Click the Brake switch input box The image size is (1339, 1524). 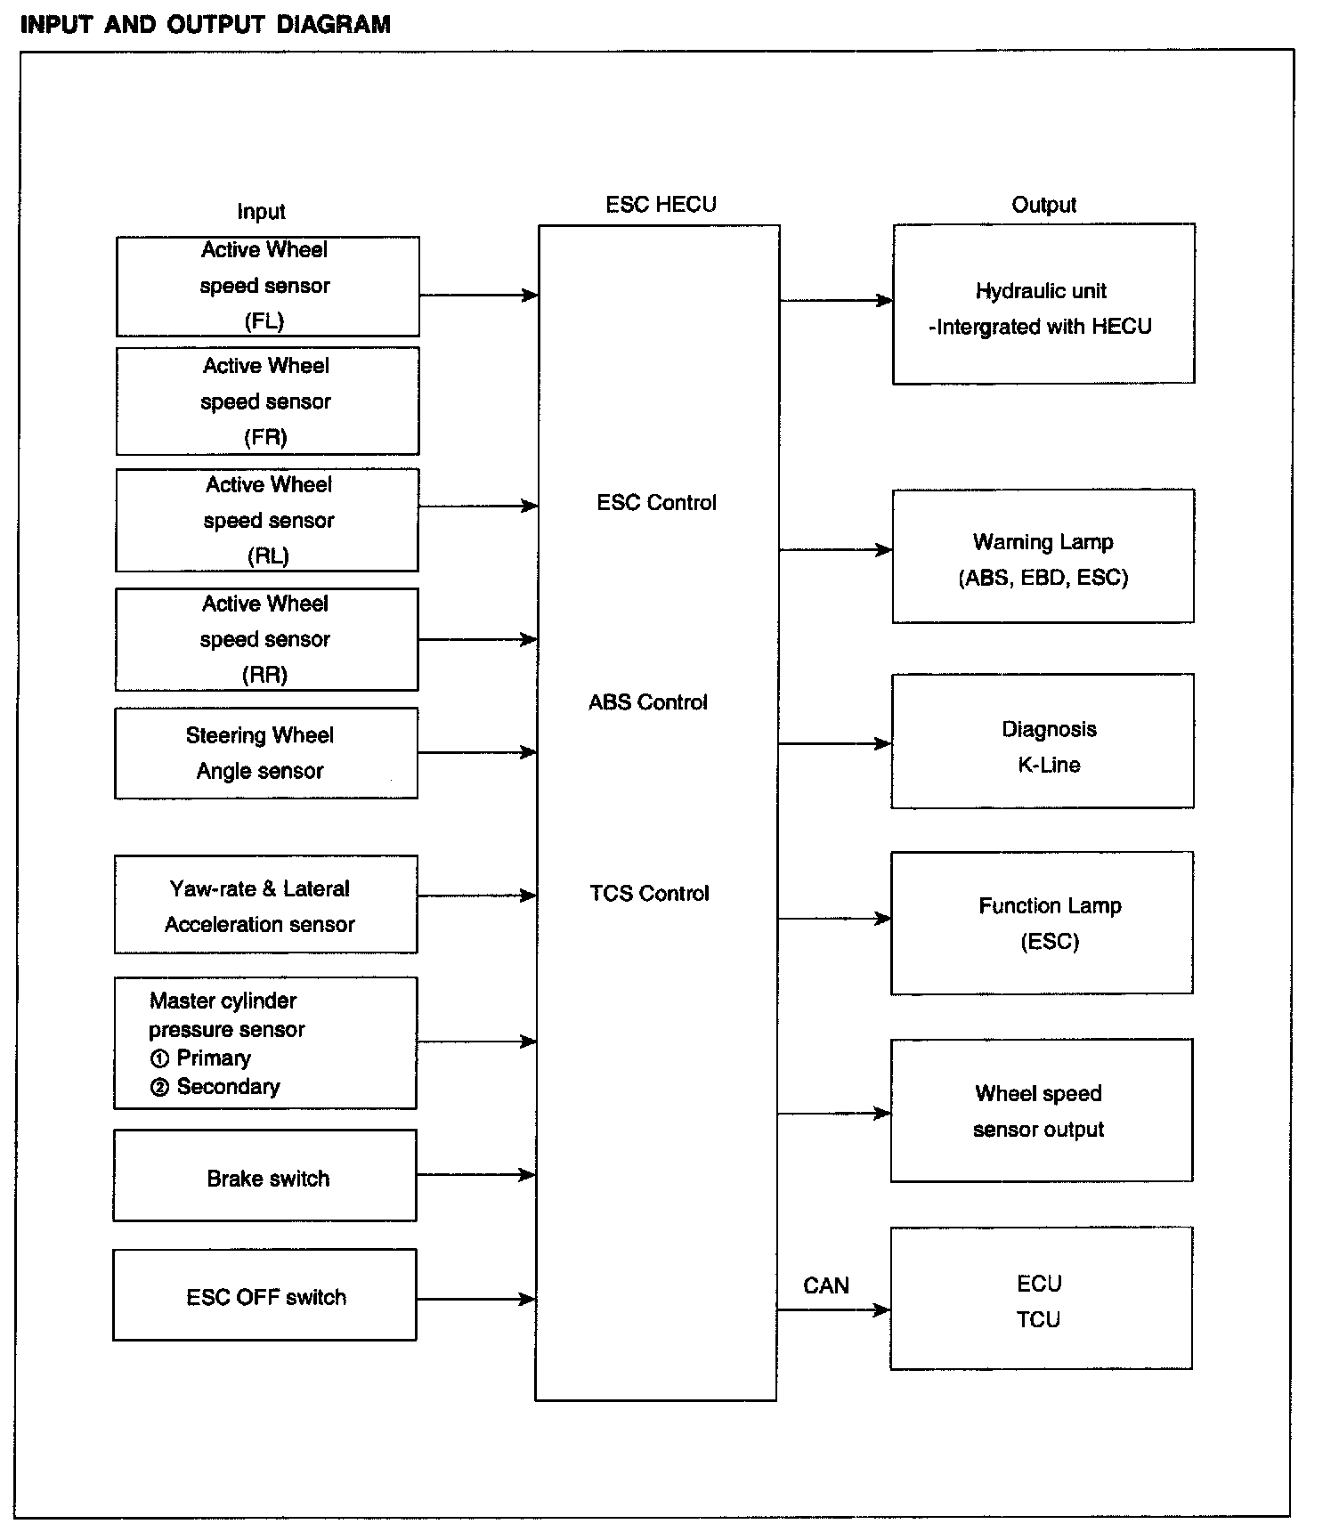(264, 1175)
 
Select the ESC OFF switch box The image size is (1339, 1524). (264, 1295)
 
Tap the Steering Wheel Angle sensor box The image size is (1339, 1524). (265, 753)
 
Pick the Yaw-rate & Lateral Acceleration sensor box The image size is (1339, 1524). (265, 904)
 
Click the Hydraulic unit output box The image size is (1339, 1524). (1043, 304)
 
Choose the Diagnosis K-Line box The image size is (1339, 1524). (1043, 742)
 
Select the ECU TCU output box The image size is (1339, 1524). (1041, 1299)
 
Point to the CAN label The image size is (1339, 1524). (826, 1285)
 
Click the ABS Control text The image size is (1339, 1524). (648, 702)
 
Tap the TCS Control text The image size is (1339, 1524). (650, 893)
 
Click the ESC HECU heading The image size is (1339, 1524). (661, 205)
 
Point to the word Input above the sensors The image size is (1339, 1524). (261, 212)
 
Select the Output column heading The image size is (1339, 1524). (1043, 206)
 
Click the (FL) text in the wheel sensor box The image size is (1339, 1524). (264, 321)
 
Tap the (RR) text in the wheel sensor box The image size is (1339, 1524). (265, 675)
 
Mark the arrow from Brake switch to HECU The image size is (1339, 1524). (476, 1175)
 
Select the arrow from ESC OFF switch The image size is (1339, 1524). (476, 1300)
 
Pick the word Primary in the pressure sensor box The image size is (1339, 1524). (214, 1058)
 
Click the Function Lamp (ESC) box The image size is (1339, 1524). (1042, 923)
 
